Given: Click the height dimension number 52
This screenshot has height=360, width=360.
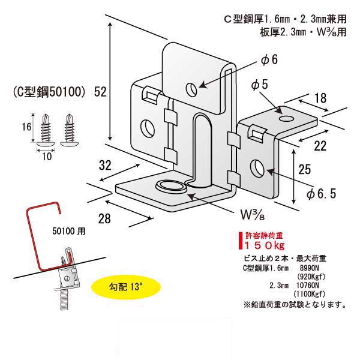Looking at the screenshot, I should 101,92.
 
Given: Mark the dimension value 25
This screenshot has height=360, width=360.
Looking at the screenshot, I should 305,169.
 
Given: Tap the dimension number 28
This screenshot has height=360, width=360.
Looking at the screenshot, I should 104,219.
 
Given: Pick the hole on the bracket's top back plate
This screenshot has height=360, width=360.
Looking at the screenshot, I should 191,89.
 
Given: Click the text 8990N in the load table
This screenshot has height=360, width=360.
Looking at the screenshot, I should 309,269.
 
